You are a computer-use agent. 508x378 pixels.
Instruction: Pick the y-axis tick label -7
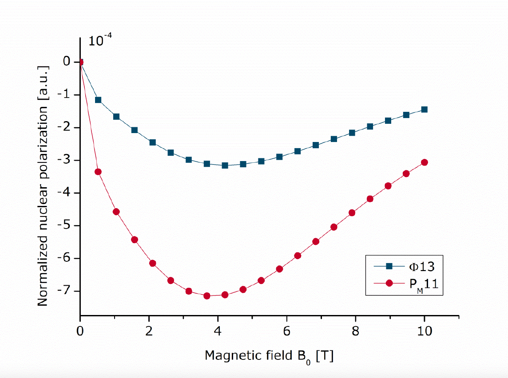pos(66,291)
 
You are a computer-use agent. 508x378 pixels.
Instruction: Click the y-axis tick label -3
pos(66,160)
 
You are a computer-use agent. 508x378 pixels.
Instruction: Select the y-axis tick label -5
pos(66,226)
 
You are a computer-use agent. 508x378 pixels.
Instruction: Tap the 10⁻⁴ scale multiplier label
pos(99,41)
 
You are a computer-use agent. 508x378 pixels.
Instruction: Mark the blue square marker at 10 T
pos(424,110)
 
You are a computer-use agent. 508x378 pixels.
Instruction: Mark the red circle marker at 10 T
pos(424,162)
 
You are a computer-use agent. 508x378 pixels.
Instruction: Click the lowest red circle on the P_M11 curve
pos(206,296)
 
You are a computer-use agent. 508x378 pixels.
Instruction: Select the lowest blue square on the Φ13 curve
pos(225,165)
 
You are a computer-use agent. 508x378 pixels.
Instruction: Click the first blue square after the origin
pos(98,100)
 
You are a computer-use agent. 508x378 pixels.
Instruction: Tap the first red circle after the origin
pos(98,172)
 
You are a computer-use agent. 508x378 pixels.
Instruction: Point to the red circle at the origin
pos(80,62)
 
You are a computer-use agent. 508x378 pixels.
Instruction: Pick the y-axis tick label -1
pos(66,95)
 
